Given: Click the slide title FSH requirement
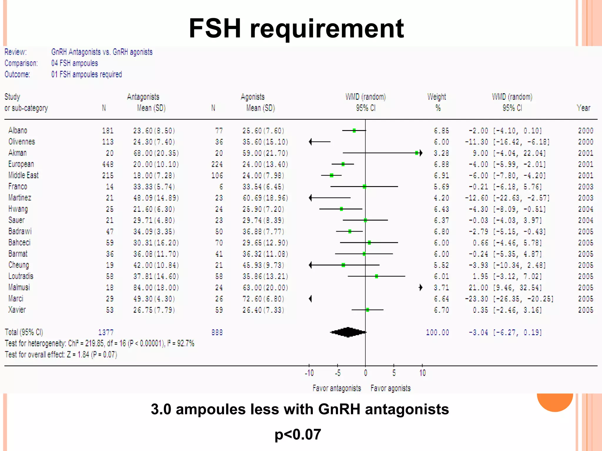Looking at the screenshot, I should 296,28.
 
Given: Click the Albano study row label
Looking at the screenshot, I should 18,130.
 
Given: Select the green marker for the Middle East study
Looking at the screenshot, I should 332,175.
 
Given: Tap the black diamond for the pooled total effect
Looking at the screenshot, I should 348,332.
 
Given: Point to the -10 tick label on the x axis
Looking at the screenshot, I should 309,373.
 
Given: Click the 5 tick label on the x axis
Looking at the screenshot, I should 394,373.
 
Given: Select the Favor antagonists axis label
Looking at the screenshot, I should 337,388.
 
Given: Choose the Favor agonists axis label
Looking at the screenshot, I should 391,388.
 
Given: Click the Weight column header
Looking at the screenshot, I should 437,97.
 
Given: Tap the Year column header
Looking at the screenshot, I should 583,108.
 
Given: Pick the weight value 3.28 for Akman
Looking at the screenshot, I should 442,153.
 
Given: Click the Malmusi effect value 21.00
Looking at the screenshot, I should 478,287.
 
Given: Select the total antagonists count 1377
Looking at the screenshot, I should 106,332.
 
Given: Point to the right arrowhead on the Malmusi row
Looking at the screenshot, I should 421,287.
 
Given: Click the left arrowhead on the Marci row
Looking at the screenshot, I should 310,299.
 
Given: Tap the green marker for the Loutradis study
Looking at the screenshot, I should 377,276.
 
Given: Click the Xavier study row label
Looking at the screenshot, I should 17,310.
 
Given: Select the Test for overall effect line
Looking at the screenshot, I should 61,355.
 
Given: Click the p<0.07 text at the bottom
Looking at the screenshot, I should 298,434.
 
